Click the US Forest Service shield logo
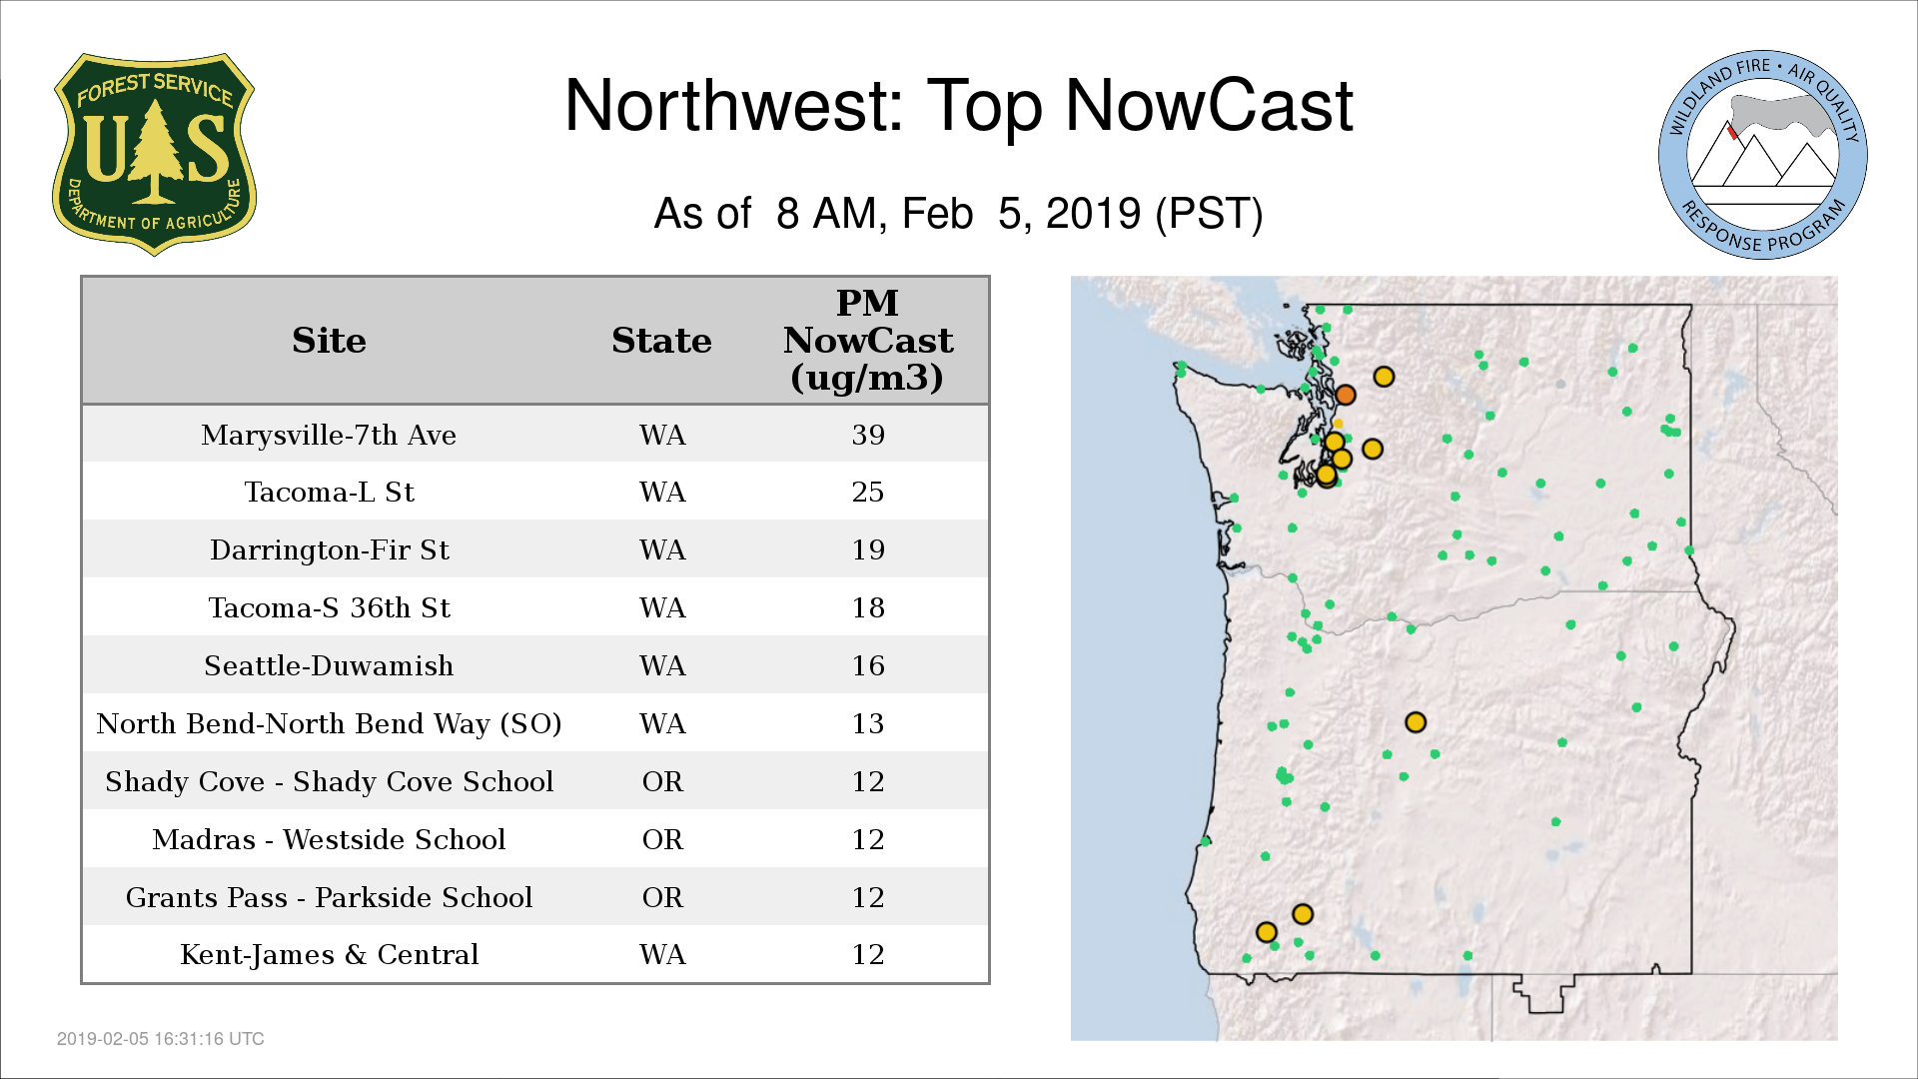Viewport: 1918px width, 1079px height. (x=154, y=154)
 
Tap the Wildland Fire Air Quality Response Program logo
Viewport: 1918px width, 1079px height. (x=1762, y=155)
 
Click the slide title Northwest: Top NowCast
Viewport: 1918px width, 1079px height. (x=958, y=105)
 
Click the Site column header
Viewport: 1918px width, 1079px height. (x=329, y=341)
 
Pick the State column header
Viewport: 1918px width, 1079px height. (x=661, y=341)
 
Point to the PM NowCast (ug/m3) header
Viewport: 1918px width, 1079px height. (x=867, y=340)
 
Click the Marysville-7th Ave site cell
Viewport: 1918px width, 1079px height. (x=329, y=436)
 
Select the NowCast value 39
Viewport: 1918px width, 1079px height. (x=868, y=436)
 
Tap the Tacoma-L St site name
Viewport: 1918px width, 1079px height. (x=329, y=493)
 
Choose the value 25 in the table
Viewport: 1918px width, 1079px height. (x=868, y=493)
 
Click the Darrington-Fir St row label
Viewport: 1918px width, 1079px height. (x=329, y=550)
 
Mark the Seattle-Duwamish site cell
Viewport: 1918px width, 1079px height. (x=329, y=666)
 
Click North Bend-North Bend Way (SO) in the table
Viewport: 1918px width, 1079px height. (x=329, y=724)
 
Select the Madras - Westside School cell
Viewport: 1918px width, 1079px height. (x=329, y=840)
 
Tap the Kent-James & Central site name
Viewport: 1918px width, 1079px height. (x=329, y=955)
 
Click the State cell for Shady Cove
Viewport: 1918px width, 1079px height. (x=662, y=782)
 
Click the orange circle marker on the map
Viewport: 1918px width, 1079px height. (x=1346, y=395)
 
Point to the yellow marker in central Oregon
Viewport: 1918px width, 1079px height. (x=1416, y=722)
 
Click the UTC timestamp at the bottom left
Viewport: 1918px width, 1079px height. (x=161, y=1039)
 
